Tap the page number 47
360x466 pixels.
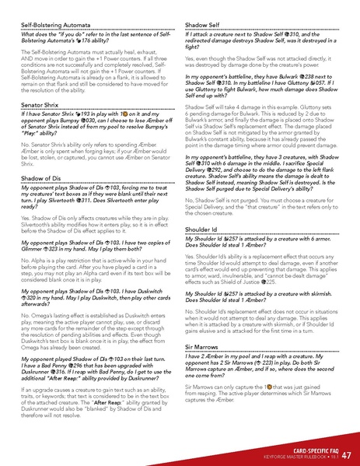pyautogui.click(x=346, y=454)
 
